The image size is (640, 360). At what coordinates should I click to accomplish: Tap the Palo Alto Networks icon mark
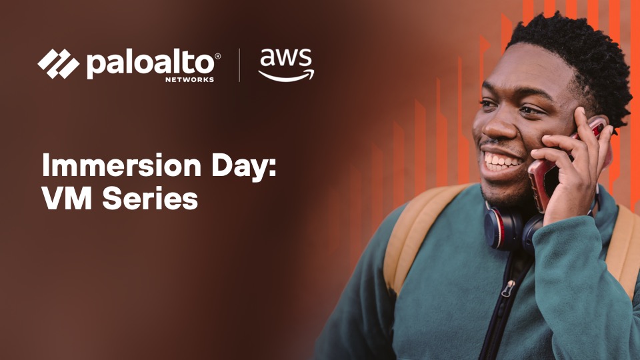click(58, 64)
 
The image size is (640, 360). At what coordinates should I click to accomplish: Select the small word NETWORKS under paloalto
click(190, 79)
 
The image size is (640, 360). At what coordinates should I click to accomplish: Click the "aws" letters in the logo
click(285, 59)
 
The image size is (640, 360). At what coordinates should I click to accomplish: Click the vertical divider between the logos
click(239, 65)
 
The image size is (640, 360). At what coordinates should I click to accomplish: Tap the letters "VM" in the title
click(66, 199)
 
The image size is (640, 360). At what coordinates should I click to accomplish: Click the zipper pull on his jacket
click(508, 289)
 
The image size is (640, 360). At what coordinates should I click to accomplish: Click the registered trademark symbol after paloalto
click(218, 57)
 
